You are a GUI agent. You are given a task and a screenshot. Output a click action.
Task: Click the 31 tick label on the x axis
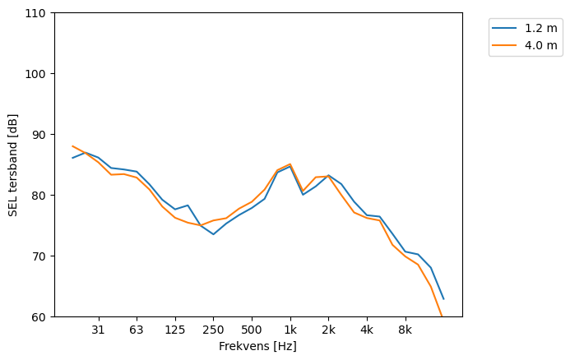click(99, 330)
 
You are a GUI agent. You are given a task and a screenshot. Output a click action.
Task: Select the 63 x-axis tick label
click(137, 330)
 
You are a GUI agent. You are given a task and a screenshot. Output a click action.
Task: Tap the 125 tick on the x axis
click(175, 330)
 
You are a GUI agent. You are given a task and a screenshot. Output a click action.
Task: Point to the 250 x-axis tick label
click(213, 330)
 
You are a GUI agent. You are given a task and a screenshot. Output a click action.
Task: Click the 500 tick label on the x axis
click(252, 330)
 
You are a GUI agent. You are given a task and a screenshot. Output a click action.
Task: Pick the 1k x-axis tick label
click(290, 330)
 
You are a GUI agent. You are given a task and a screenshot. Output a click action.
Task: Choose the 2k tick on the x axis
click(328, 330)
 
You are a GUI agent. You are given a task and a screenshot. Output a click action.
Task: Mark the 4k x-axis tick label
click(367, 330)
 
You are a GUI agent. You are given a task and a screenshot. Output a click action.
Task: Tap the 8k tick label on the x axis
click(405, 330)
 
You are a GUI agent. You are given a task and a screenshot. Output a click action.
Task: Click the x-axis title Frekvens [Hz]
click(257, 346)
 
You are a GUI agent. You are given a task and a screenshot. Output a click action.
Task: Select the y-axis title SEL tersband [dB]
click(13, 164)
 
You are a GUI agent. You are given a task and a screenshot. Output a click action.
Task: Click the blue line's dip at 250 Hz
click(213, 234)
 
